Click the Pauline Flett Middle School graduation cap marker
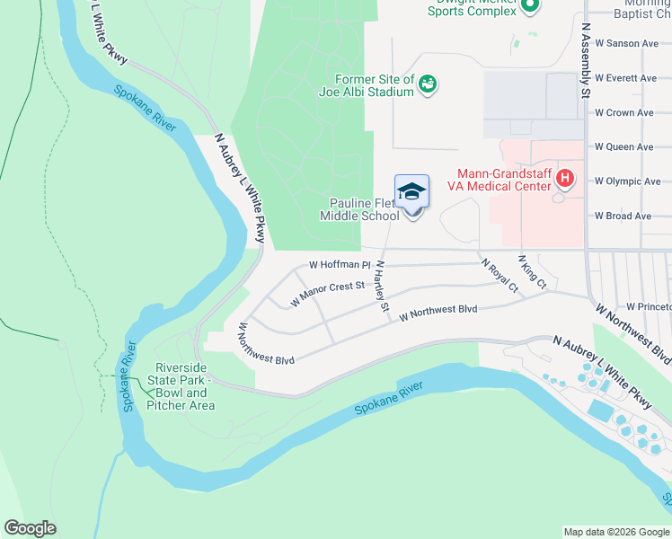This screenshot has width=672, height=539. click(x=412, y=193)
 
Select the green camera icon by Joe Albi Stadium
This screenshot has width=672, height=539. click(x=428, y=84)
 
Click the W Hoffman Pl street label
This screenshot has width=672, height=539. click(x=340, y=265)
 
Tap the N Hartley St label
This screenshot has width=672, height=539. click(x=382, y=287)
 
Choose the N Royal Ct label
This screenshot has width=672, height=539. click(x=500, y=276)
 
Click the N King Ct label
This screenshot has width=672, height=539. click(x=533, y=271)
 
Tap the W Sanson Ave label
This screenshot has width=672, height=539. click(x=626, y=43)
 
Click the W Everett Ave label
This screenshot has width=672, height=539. click(x=626, y=78)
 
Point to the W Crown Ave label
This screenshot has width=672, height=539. click(x=624, y=113)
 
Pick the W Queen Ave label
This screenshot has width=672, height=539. click(x=624, y=147)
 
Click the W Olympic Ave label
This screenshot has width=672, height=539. click(x=627, y=181)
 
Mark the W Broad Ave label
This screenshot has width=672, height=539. click(x=623, y=216)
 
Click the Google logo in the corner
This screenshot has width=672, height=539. click(x=30, y=528)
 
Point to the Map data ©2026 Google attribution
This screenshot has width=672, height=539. click(x=615, y=532)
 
